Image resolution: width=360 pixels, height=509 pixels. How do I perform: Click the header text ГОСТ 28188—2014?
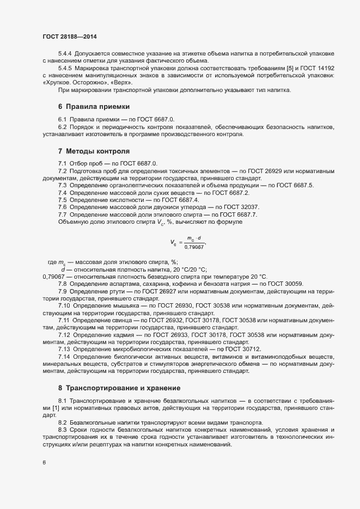coord(70,36)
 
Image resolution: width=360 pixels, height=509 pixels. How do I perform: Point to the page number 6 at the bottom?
coord(44,463)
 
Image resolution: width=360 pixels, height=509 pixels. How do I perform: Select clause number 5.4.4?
coord(65,54)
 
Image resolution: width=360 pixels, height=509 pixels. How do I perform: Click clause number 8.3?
coord(62,430)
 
